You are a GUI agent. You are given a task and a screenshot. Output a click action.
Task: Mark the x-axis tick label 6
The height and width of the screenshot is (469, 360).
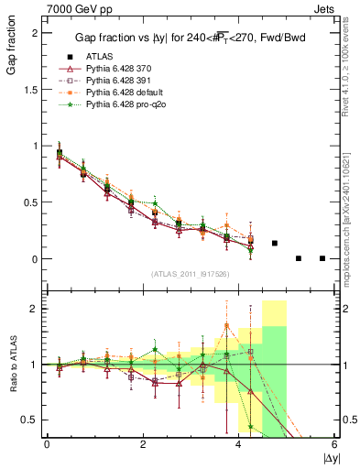[335, 444]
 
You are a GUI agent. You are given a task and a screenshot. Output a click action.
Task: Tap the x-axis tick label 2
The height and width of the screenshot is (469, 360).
[143, 444]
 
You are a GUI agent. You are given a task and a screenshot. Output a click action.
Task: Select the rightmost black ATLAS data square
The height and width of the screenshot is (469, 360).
[322, 258]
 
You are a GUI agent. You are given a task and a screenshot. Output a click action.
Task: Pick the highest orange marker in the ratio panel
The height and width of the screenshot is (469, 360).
[226, 325]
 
